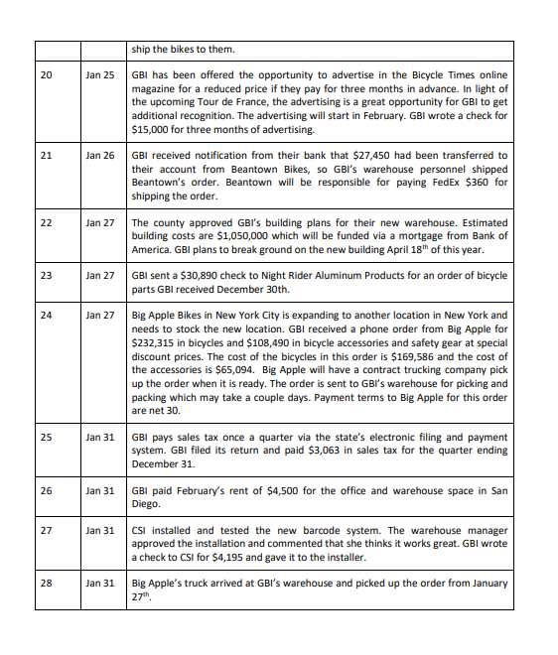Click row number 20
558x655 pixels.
tap(47, 75)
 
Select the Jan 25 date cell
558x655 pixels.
tap(100, 75)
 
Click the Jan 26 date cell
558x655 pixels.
tap(100, 156)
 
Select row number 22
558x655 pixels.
tap(47, 222)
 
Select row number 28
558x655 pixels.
tap(47, 584)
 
